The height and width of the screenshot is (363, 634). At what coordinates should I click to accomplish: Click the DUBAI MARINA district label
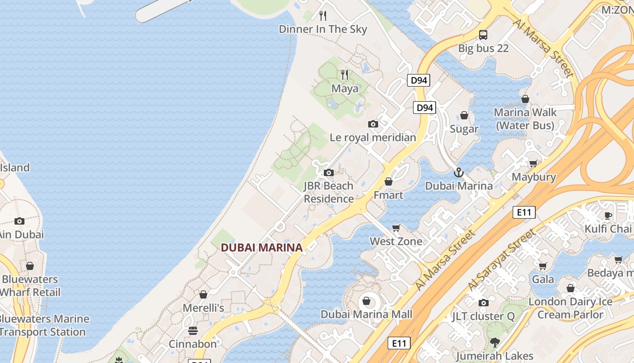261,248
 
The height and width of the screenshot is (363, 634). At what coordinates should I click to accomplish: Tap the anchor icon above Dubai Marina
459,172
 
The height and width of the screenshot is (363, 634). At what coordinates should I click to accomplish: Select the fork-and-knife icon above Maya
345,75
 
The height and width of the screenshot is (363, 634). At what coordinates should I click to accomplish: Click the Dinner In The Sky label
323,29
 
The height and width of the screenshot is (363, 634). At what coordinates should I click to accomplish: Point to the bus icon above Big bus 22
483,35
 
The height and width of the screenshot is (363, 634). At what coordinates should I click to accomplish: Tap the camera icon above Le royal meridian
373,124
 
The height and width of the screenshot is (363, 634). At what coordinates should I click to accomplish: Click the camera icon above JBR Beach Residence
329,172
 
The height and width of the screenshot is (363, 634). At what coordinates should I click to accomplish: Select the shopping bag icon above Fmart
389,181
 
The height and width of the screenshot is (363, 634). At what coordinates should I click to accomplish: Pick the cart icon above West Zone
396,228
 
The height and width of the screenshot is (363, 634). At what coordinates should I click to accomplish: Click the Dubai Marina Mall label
366,314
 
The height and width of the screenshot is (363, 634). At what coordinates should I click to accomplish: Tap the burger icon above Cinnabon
193,330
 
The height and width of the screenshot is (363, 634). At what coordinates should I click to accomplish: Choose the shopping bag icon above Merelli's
203,294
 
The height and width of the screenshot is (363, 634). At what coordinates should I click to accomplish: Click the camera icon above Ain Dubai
19,221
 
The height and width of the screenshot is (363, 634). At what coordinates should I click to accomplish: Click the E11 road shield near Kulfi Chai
524,212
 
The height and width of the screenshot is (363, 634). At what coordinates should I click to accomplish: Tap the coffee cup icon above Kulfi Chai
608,215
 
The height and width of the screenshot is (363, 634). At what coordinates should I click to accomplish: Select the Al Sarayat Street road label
502,260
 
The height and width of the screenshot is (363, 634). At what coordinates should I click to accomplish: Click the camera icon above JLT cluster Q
483,303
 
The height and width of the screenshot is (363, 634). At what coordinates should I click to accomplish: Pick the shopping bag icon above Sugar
464,115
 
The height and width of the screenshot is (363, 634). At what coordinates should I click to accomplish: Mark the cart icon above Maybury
533,163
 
